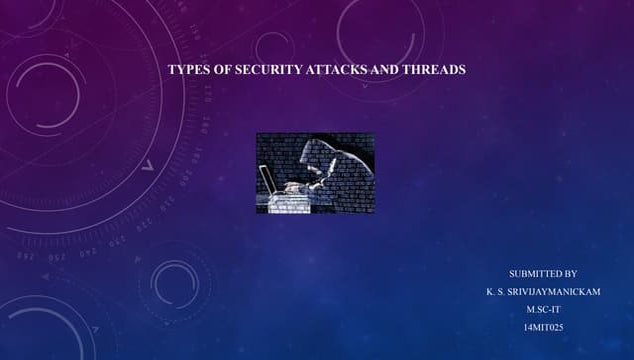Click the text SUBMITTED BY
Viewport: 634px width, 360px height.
coord(543,273)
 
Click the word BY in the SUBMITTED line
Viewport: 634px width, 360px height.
coord(571,273)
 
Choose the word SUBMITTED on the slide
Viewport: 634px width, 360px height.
coord(535,273)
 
